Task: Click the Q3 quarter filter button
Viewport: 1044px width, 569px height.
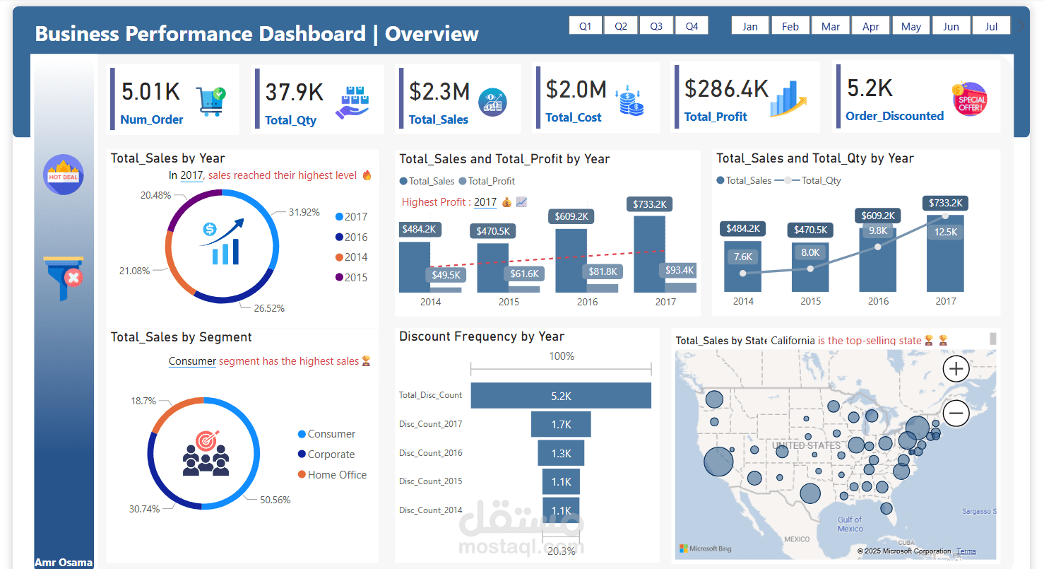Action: pos(656,26)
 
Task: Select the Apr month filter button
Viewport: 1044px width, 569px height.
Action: pos(871,26)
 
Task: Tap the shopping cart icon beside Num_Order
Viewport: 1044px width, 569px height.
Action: pos(210,101)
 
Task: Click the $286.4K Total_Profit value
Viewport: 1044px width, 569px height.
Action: pos(726,88)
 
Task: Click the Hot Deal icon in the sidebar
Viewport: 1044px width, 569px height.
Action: pos(64,175)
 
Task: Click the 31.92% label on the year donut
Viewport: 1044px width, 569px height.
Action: pos(304,212)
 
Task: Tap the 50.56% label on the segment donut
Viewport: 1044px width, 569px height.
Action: pos(275,500)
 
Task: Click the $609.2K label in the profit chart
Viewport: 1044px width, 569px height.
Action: pos(571,216)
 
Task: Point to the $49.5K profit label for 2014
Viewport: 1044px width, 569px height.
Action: pos(446,275)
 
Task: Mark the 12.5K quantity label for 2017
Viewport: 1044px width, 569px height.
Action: pos(945,232)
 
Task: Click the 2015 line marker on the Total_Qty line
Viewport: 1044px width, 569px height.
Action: pos(810,269)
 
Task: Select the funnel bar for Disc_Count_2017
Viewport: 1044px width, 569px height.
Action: pos(561,424)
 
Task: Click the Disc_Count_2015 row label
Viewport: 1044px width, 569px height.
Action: pos(430,481)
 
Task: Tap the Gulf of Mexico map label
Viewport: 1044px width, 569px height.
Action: pos(850,524)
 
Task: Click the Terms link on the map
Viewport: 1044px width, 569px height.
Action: pos(966,551)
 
